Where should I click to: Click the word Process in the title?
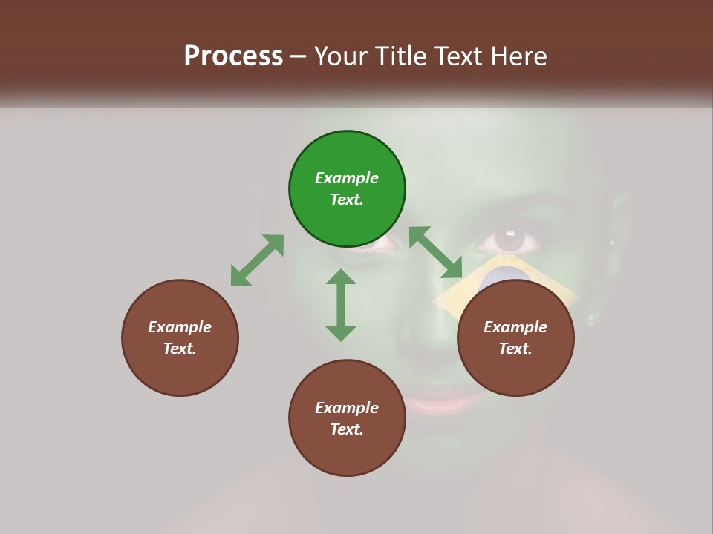pyautogui.click(x=233, y=56)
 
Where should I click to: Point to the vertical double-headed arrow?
pyautogui.click(x=341, y=305)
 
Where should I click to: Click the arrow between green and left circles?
pyautogui.click(x=257, y=260)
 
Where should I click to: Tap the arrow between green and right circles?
pyautogui.click(x=436, y=252)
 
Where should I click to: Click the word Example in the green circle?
pyautogui.click(x=347, y=178)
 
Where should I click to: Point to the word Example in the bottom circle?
pyautogui.click(x=347, y=408)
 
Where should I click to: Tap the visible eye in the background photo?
pyautogui.click(x=509, y=240)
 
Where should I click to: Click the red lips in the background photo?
pyautogui.click(x=438, y=404)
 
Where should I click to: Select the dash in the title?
pyautogui.click(x=298, y=56)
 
